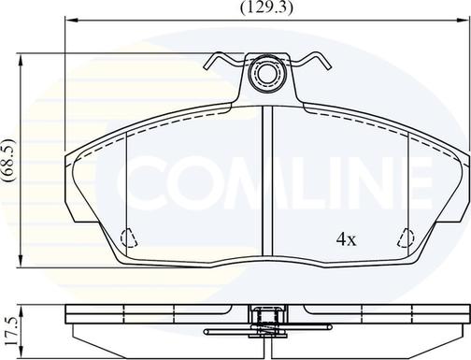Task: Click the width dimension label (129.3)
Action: [x=266, y=7]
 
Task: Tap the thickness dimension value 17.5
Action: [x=11, y=329]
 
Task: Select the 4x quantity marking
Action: [x=346, y=239]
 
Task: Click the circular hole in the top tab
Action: [x=266, y=74]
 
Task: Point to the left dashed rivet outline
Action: [x=129, y=238]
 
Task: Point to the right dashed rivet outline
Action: [x=407, y=238]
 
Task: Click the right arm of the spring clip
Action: [x=310, y=61]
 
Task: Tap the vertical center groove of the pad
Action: [x=267, y=180]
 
